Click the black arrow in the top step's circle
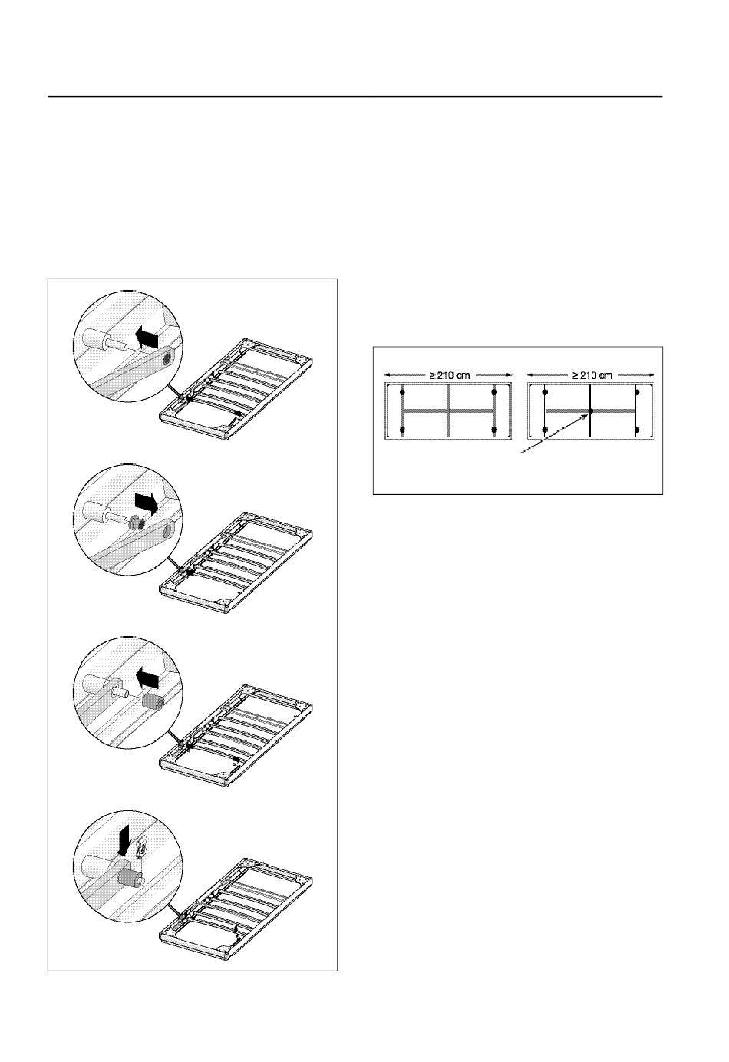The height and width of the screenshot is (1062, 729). pyautogui.click(x=146, y=338)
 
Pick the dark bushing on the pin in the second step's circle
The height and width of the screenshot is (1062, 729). pyautogui.click(x=137, y=523)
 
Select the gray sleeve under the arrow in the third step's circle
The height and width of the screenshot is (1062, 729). pyautogui.click(x=153, y=701)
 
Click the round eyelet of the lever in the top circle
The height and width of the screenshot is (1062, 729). pyautogui.click(x=167, y=360)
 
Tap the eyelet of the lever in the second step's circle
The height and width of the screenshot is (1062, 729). pyautogui.click(x=167, y=526)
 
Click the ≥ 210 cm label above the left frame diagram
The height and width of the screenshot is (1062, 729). pyautogui.click(x=449, y=375)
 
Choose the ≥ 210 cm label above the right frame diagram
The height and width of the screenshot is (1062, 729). pyautogui.click(x=591, y=375)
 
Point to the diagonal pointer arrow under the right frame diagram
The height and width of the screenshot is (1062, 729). pyautogui.click(x=556, y=432)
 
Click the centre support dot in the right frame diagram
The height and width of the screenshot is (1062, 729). pyautogui.click(x=591, y=411)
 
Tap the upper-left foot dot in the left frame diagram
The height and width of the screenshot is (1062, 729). pyautogui.click(x=402, y=392)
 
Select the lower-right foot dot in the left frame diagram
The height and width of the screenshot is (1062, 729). pyautogui.click(x=494, y=430)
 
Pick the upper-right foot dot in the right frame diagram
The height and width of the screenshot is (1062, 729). pyautogui.click(x=637, y=392)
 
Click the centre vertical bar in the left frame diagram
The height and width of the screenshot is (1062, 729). pyautogui.click(x=448, y=411)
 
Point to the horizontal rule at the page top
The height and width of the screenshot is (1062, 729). pyautogui.click(x=355, y=97)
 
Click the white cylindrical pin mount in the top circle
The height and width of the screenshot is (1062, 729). pyautogui.click(x=94, y=338)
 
